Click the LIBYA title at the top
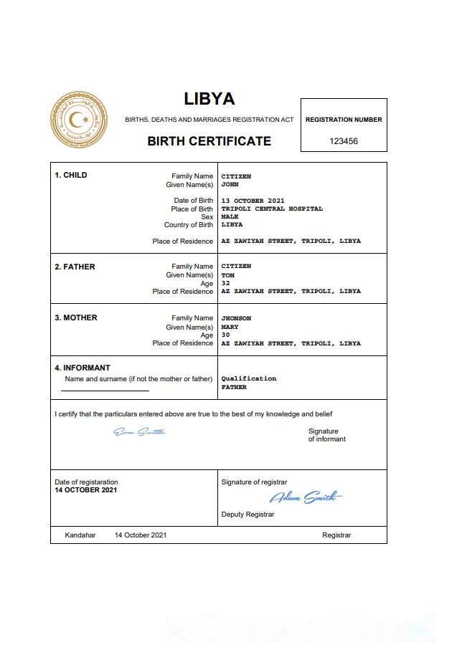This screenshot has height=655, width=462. (x=209, y=99)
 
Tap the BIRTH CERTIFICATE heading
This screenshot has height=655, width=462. (x=209, y=141)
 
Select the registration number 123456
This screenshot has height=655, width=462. (x=344, y=141)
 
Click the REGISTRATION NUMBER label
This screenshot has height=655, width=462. (x=344, y=120)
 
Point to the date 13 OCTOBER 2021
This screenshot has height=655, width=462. (x=253, y=201)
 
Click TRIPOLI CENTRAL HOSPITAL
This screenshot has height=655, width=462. (x=272, y=209)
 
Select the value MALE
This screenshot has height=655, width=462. (x=230, y=216)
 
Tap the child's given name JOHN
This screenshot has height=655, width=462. (x=230, y=184)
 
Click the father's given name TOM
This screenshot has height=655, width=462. (x=227, y=275)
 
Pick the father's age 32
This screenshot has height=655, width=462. (x=225, y=283)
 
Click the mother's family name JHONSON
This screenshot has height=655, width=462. (x=236, y=318)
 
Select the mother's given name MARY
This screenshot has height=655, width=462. (x=230, y=327)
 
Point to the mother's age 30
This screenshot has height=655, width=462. (x=225, y=335)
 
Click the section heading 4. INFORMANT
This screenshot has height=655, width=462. (x=82, y=368)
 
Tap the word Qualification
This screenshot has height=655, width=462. (x=248, y=378)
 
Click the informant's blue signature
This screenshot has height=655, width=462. (x=139, y=432)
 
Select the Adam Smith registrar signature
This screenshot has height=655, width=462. (x=306, y=497)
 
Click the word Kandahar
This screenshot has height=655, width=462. (x=80, y=535)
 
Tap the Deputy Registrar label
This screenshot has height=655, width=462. (x=247, y=515)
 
